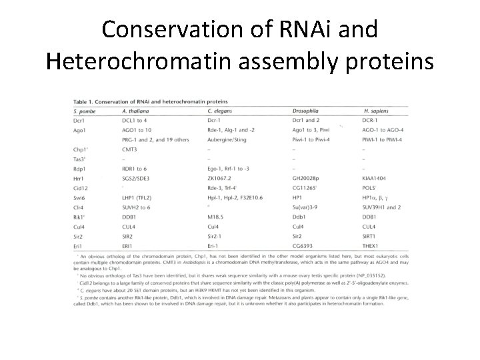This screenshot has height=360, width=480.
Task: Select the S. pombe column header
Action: tap(85, 110)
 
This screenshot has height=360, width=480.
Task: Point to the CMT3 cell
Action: tap(131, 149)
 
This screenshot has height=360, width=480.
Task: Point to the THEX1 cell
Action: tap(373, 246)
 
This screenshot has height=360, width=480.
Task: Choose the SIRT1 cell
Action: tap(372, 237)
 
